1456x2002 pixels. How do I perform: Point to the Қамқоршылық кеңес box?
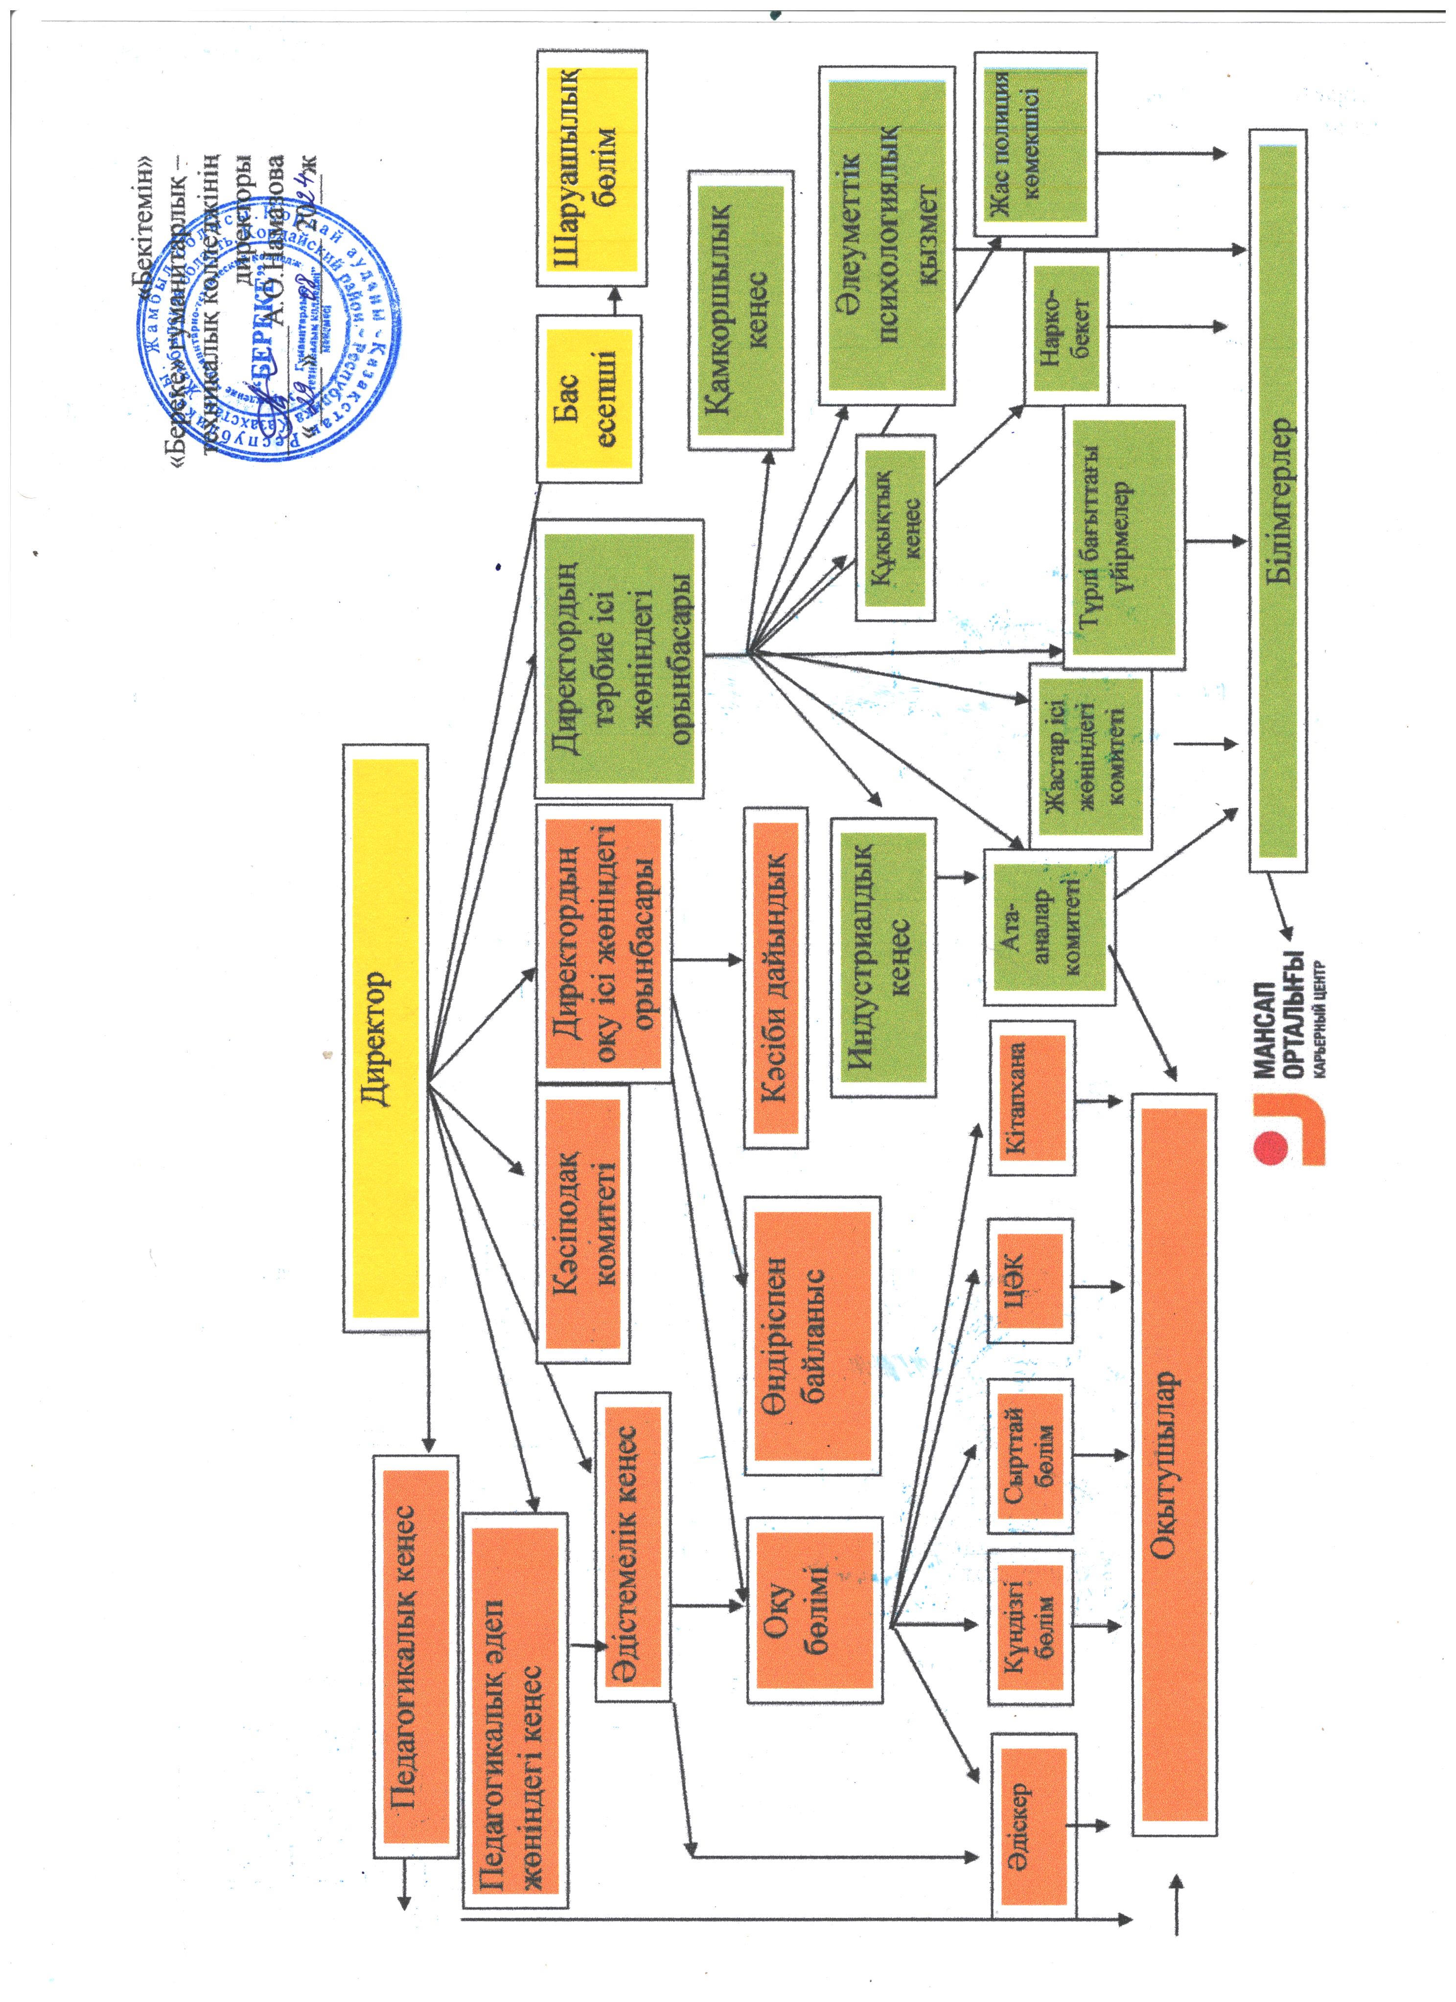(740, 311)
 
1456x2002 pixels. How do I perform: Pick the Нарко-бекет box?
(1066, 328)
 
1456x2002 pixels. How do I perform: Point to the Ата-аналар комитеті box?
(1049, 927)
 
